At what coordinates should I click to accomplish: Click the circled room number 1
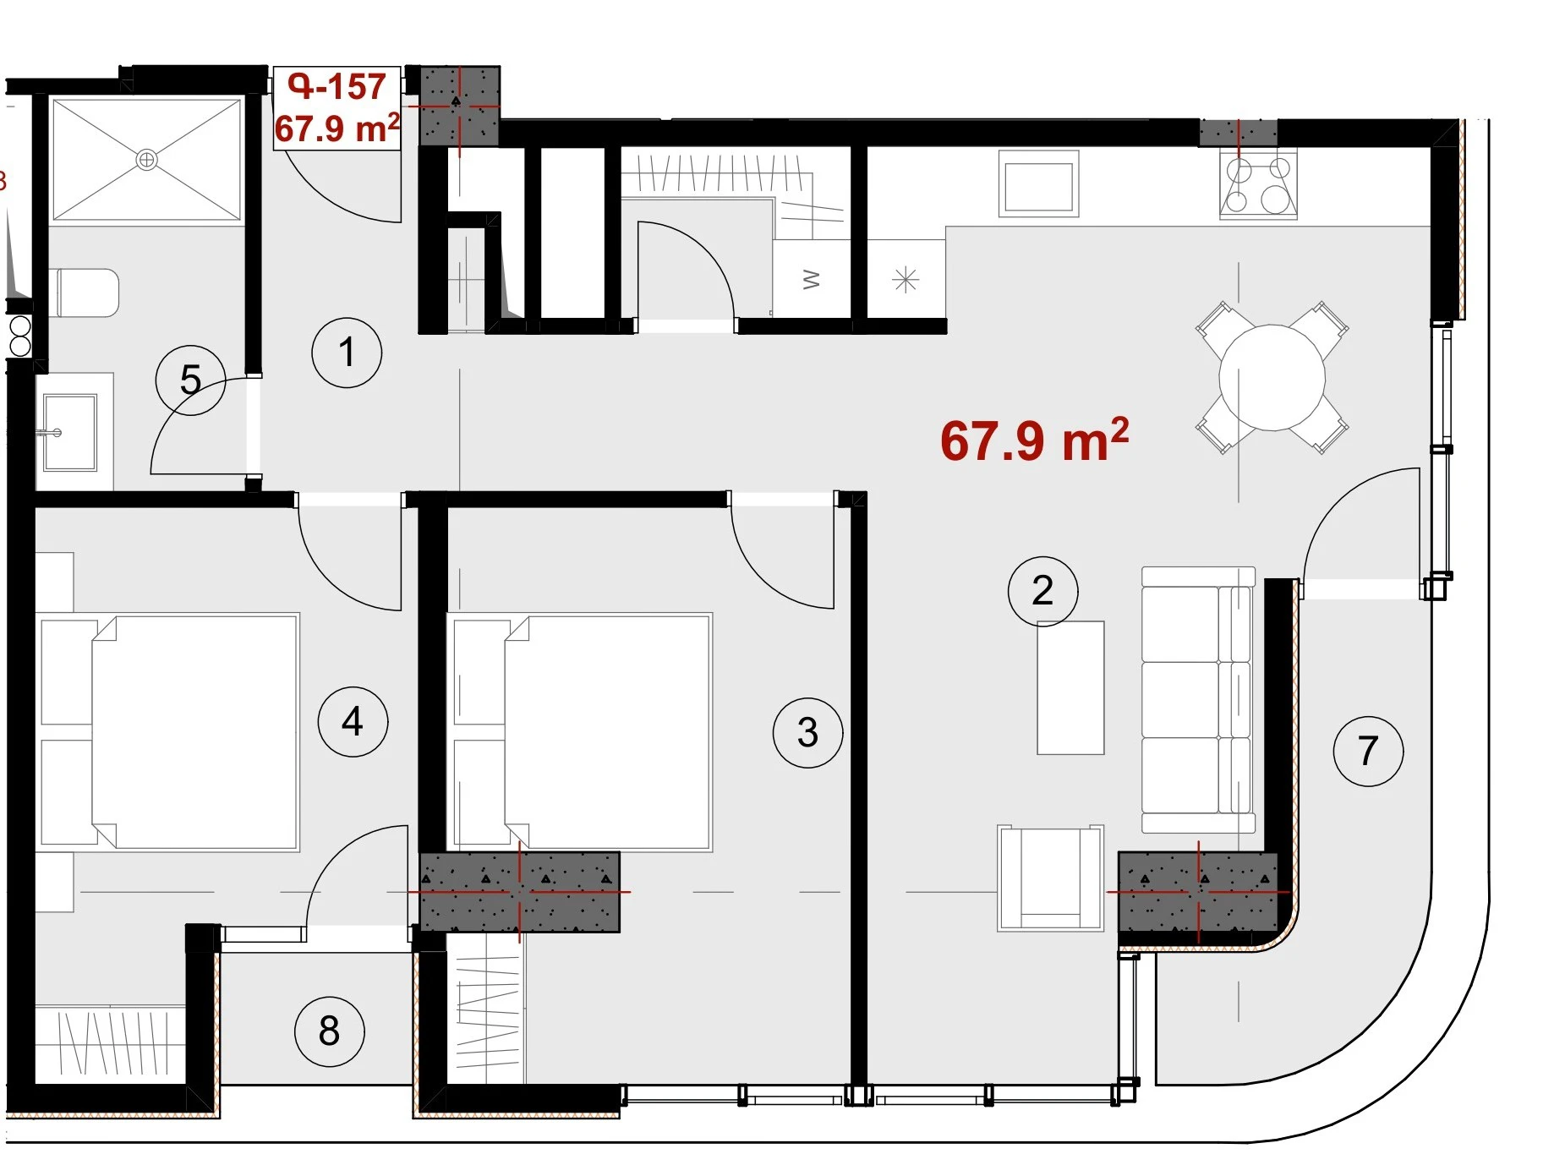(x=347, y=353)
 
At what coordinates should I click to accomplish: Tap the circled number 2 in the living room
(x=1042, y=591)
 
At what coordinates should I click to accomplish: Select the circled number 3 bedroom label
(x=807, y=732)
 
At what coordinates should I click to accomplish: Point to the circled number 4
(x=353, y=721)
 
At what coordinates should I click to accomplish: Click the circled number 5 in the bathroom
(x=190, y=380)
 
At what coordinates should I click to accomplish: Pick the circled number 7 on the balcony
(x=1368, y=751)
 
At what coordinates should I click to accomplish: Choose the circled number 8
(x=329, y=1031)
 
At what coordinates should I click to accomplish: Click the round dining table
(x=1272, y=377)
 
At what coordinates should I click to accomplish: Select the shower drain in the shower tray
(x=146, y=159)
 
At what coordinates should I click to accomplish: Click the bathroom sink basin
(x=70, y=433)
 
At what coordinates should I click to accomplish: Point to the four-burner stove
(x=1258, y=184)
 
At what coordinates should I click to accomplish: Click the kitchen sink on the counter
(x=1038, y=183)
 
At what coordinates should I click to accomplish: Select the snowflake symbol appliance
(x=906, y=279)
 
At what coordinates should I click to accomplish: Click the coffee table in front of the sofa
(x=1070, y=687)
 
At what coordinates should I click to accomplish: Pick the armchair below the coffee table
(x=1050, y=878)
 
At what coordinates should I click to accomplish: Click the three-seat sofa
(x=1198, y=700)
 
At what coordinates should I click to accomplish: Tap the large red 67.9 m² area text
(x=1034, y=440)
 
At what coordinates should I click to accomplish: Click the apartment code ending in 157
(x=337, y=86)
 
